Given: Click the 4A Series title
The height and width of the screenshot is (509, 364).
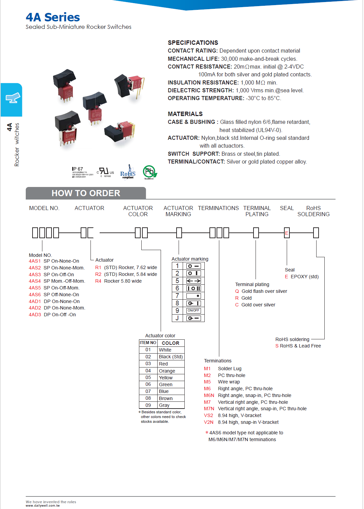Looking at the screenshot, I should [53, 17].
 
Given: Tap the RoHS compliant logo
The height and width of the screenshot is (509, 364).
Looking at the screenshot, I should [128, 173].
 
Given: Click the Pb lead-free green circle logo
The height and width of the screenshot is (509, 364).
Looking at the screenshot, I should [149, 172].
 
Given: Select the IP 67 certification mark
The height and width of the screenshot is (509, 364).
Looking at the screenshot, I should [78, 169].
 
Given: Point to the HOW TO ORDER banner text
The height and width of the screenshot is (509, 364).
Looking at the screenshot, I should [86, 193].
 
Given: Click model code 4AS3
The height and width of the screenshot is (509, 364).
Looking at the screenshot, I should [35, 275].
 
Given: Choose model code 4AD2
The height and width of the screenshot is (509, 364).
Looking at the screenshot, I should [35, 308].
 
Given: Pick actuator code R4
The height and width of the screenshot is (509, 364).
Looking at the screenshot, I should [98, 281].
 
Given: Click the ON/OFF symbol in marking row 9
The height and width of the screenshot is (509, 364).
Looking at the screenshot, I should [194, 310].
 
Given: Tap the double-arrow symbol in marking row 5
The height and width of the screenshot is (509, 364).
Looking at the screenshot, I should [194, 281].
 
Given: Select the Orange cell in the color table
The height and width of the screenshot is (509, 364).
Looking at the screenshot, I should [167, 371].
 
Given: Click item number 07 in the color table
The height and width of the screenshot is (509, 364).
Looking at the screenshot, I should [148, 391].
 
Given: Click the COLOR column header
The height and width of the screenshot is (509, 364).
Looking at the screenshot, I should [170, 343].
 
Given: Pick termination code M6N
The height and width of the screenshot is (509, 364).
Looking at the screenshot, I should [209, 395].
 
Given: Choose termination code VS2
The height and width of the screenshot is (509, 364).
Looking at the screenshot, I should [208, 415].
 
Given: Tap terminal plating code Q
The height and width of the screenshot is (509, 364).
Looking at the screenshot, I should [237, 291].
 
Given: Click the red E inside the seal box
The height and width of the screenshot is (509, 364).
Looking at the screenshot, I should [287, 233].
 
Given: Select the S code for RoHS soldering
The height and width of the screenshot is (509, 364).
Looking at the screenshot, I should [277, 346].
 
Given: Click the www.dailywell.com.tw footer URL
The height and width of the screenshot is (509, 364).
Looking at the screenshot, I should [43, 506].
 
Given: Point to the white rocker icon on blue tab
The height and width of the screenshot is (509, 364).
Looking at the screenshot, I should [13, 98].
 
